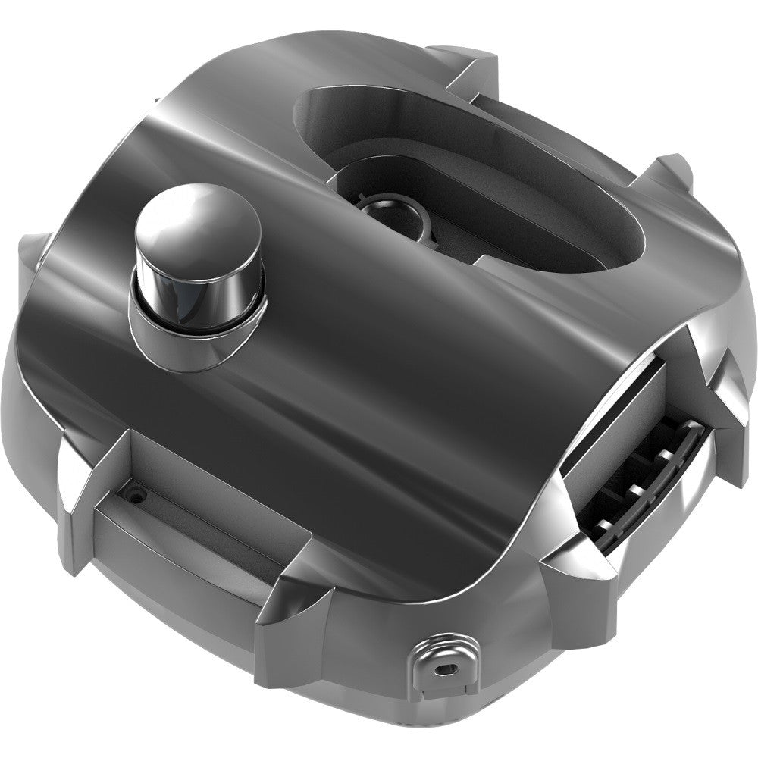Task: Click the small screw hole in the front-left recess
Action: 136,493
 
